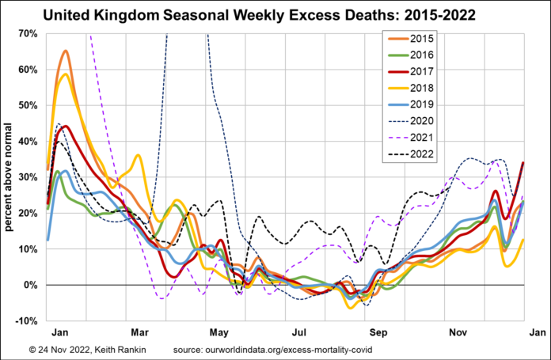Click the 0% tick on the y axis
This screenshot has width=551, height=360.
coord(31,285)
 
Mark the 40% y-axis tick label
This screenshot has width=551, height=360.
coord(28,142)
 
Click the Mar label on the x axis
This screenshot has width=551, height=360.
coord(142,333)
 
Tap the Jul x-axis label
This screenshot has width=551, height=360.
coord(299,333)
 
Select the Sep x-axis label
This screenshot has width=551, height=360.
coord(379,333)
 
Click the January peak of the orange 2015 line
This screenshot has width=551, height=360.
coord(65,51)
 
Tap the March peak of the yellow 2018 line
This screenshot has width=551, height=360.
coord(139,156)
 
